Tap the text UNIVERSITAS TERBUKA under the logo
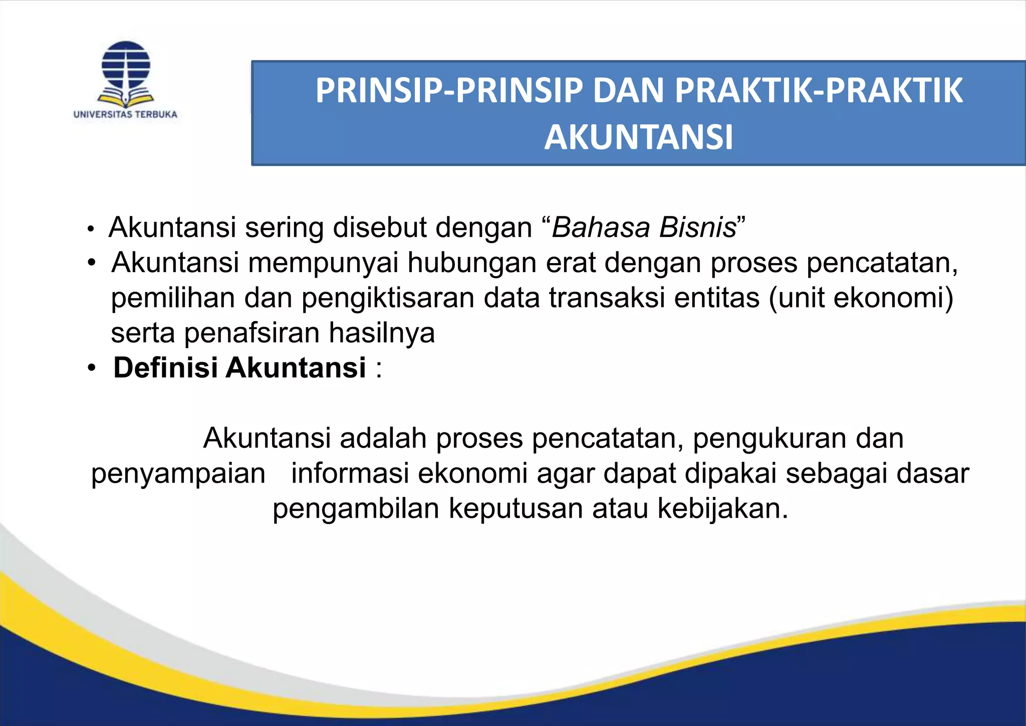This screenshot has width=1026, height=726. [125, 114]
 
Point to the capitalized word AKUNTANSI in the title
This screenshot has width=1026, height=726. [638, 137]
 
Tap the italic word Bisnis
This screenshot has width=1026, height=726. [698, 227]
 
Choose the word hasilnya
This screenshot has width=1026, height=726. [382, 333]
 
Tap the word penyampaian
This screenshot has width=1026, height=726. [178, 474]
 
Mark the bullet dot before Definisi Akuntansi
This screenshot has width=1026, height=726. [91, 368]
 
